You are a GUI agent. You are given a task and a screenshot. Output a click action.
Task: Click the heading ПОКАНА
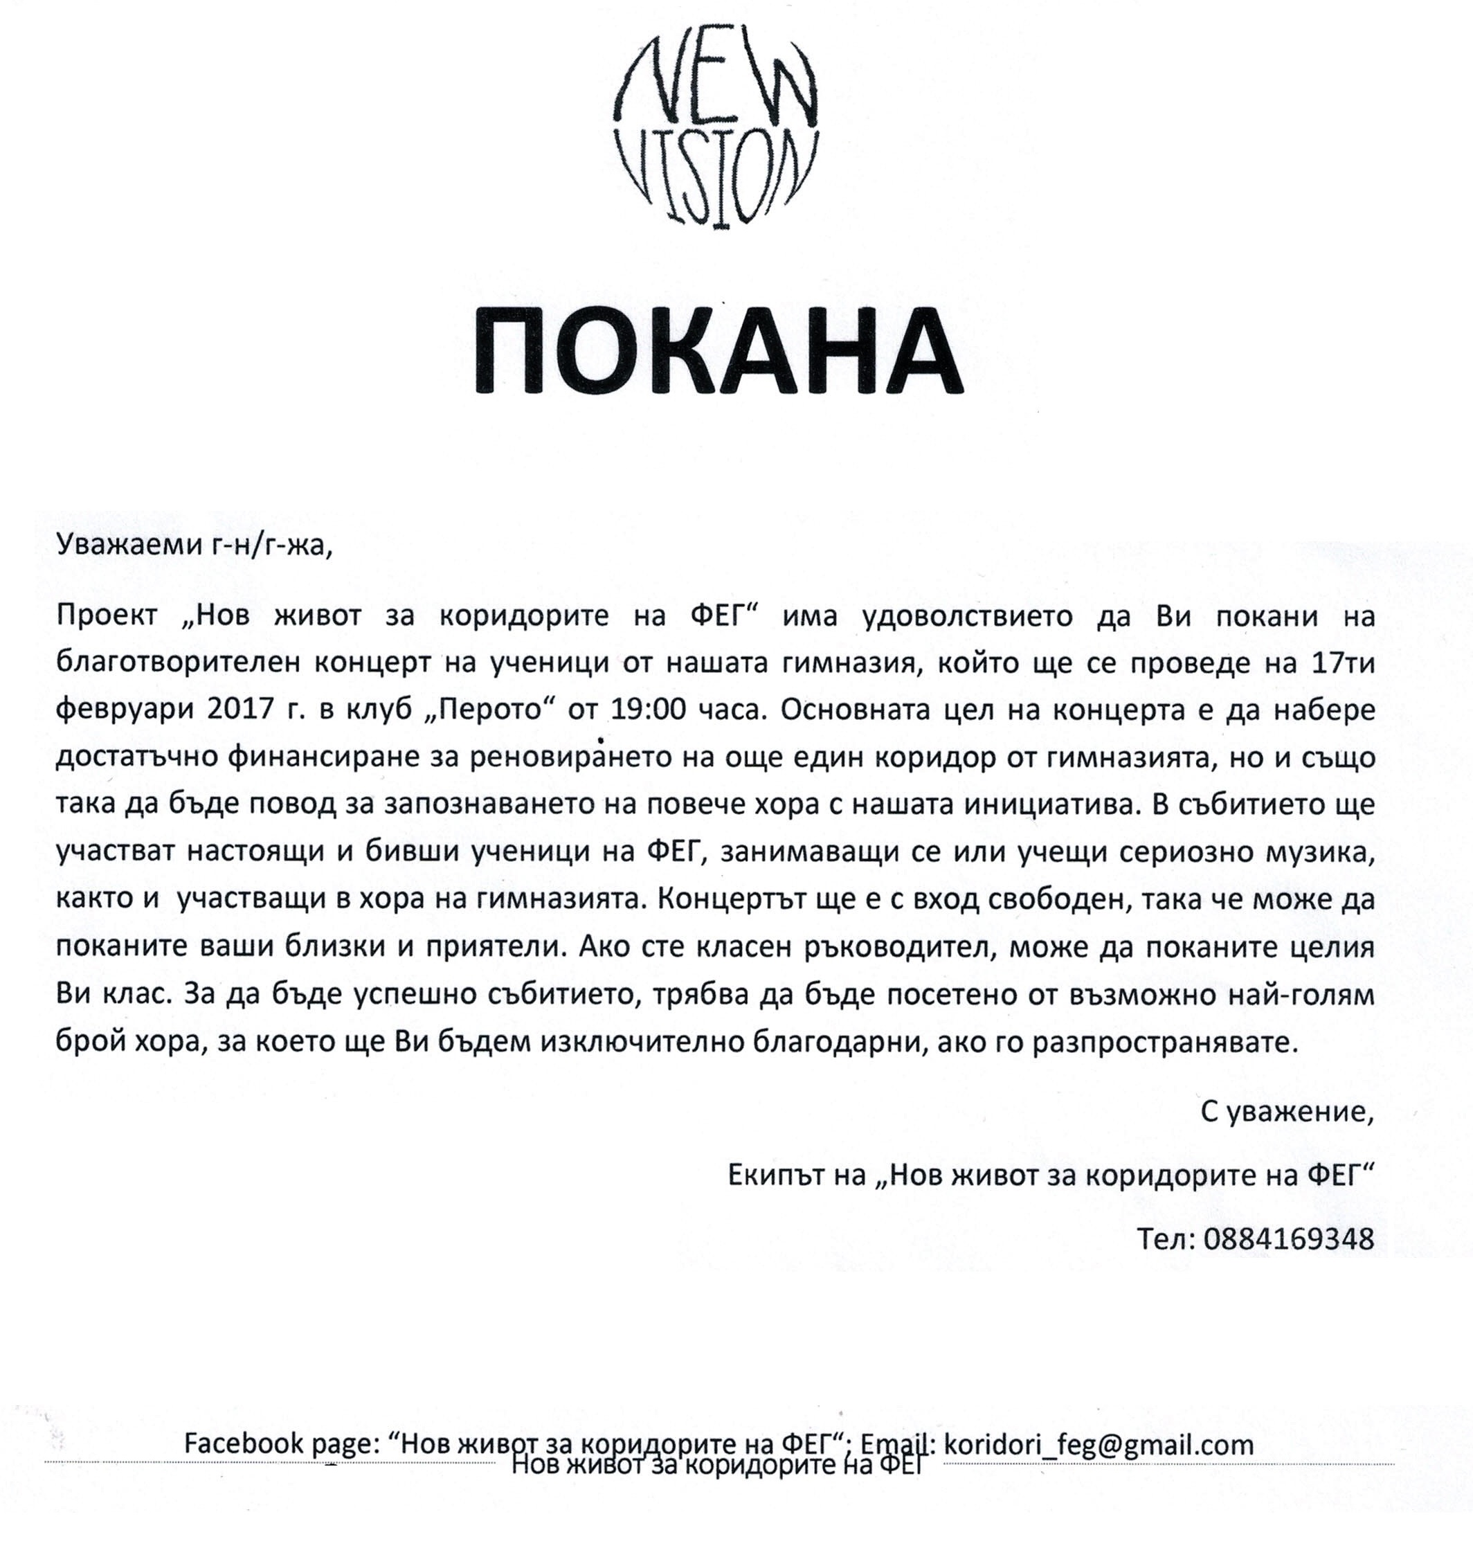[x=718, y=352]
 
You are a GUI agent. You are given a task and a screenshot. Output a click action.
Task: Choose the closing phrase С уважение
[x=1287, y=1111]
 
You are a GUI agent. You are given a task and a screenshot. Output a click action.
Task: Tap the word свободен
[x=1054, y=900]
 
